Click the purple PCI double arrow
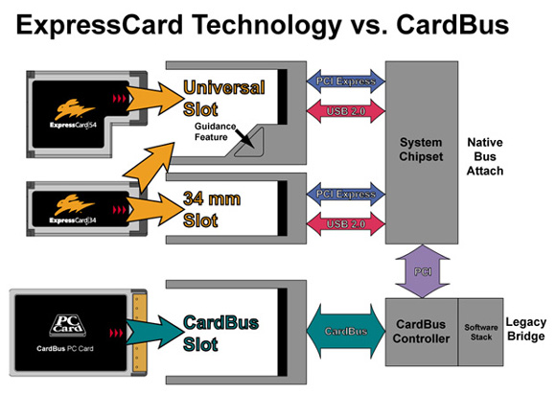click(423, 271)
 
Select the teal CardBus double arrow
click(346, 331)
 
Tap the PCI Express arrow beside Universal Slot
click(346, 81)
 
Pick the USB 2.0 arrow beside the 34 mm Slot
click(346, 223)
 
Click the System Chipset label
click(421, 150)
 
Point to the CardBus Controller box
click(421, 332)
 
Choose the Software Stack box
click(481, 332)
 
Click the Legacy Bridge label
click(526, 329)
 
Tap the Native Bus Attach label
click(485, 156)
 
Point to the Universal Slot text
click(224, 98)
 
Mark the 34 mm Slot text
click(212, 209)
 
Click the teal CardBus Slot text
click(220, 333)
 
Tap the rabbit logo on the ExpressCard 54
click(74, 109)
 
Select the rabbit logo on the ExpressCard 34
click(74, 204)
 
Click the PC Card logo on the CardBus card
click(68, 325)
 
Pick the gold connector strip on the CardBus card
click(139, 333)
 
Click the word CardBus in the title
click(452, 25)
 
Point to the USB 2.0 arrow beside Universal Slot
click(346, 111)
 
